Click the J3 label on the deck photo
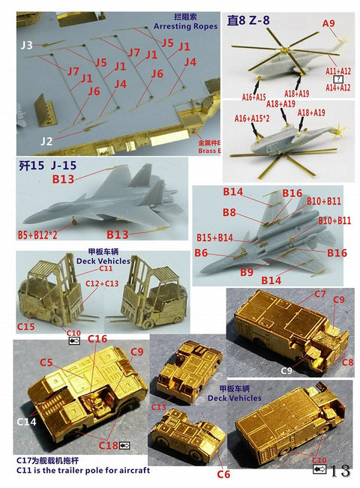pos(27,46)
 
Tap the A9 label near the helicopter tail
pos(328,24)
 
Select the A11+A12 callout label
pos(337,70)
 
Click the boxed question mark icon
pos(339,79)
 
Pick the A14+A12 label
pos(337,88)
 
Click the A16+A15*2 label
pos(253,118)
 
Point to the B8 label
pos(229,213)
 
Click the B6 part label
pos(200,253)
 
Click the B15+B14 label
pos(214,237)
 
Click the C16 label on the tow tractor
pos(97,339)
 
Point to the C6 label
pos(223,474)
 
